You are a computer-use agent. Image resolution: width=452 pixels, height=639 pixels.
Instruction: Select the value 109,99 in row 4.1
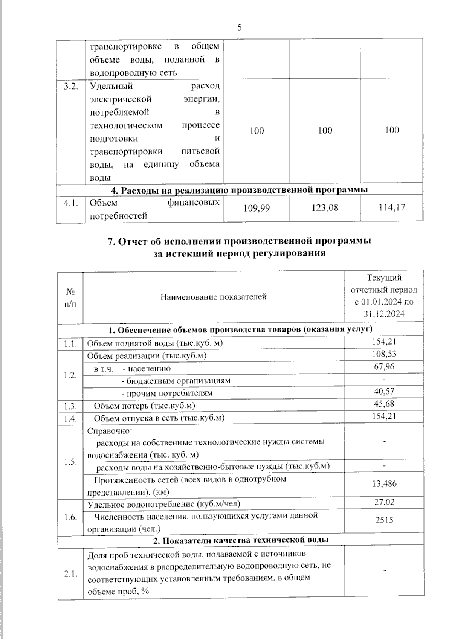(257, 207)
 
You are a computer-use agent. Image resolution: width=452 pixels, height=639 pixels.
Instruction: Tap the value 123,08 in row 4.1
(325, 207)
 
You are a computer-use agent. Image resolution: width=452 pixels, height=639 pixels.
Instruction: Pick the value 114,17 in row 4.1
(392, 207)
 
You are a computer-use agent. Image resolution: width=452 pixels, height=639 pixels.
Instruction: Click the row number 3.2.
(71, 86)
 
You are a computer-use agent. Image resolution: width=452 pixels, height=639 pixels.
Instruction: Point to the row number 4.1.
(71, 203)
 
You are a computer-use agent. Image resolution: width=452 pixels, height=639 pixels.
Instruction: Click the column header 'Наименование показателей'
(213, 297)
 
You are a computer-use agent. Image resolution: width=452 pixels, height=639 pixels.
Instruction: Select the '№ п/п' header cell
(70, 297)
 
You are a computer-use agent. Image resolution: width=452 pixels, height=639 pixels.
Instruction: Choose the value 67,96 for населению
(385, 366)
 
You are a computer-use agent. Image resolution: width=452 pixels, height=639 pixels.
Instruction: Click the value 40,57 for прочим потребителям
(384, 391)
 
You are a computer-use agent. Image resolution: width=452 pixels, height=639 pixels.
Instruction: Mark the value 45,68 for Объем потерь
(384, 404)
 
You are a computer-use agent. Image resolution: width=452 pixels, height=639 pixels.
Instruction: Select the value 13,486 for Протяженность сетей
(384, 484)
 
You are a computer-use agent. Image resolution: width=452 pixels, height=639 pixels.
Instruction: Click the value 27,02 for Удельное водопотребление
(384, 502)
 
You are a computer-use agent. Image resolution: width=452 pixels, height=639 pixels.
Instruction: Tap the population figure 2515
(384, 520)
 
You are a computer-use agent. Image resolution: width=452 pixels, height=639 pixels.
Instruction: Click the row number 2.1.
(71, 574)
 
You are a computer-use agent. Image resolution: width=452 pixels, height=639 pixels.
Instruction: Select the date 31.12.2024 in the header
(384, 314)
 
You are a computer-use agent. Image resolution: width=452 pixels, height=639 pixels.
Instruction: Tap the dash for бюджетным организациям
(384, 379)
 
